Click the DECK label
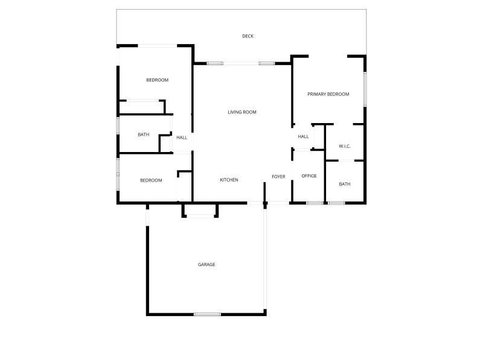[248, 36]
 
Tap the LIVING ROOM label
[242, 112]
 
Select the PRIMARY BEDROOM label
[328, 94]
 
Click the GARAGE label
[206, 264]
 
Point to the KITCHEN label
[229, 180]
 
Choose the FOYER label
[278, 177]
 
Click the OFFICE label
[309, 176]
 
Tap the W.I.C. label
[344, 146]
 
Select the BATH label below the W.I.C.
[345, 184]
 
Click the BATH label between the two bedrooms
[144, 135]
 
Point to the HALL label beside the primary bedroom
[303, 137]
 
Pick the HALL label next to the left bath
[182, 138]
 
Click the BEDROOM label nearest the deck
[158, 80]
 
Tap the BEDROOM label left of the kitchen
[151, 180]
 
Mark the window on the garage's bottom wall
[207, 314]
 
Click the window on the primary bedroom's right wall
[365, 89]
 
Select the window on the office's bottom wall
[315, 203]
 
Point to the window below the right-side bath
[336, 203]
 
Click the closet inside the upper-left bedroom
[142, 107]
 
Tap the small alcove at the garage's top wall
[200, 210]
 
